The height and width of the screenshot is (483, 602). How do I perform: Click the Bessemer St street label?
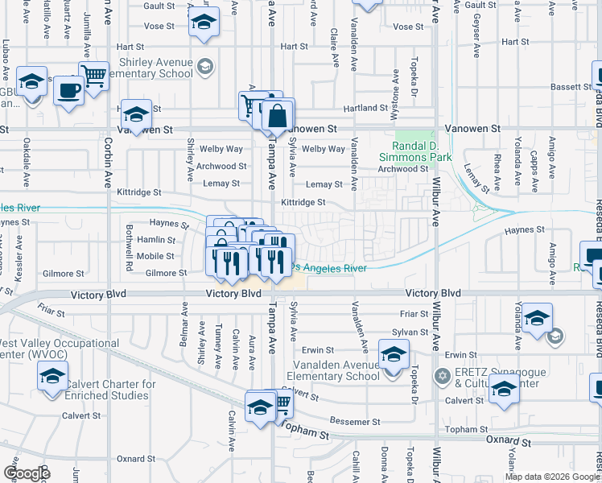[354, 422]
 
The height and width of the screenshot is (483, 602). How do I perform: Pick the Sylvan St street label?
[410, 332]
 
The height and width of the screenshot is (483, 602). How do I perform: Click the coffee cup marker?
[69, 89]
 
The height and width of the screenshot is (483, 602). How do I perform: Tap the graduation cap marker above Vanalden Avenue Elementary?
[393, 353]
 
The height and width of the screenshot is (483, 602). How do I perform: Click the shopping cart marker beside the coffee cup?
[94, 76]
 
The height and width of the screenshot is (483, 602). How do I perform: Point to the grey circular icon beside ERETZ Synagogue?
[441, 376]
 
